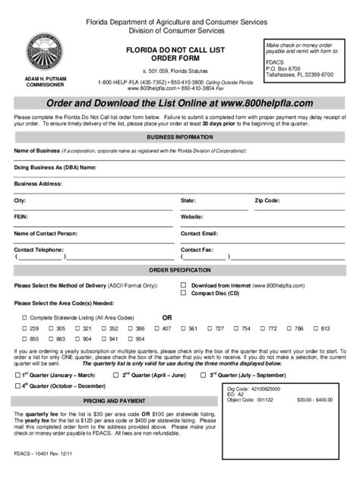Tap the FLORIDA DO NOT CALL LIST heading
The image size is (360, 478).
[180, 47]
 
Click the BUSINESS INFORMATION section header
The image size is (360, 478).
[180, 137]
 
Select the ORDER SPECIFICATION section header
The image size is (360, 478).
[180, 271]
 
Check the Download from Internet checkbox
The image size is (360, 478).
[184, 285]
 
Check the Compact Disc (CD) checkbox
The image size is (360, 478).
[184, 293]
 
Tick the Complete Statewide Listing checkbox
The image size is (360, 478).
[24, 317]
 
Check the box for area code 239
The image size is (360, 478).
[24, 329]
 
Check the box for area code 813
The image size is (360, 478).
[314, 329]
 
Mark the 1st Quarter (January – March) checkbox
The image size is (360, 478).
[17, 376]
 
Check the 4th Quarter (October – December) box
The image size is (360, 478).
[17, 387]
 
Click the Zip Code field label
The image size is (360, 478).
[267, 200]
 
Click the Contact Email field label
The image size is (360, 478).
[199, 234]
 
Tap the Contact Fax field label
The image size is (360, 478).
[197, 249]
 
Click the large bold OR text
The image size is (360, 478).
[169, 316]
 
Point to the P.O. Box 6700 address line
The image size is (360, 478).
[289, 69]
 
